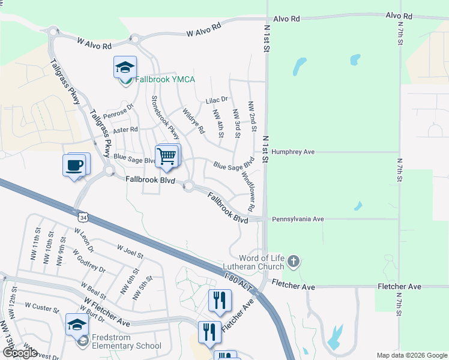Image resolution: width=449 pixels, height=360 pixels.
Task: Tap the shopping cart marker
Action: (x=167, y=155)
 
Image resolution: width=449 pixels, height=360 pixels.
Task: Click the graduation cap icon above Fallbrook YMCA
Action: (x=125, y=67)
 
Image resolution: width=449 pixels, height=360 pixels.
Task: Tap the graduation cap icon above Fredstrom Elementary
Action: (x=77, y=325)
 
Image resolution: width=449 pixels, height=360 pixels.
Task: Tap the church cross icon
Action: (x=293, y=261)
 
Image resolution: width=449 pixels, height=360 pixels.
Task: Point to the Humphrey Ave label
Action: (x=293, y=152)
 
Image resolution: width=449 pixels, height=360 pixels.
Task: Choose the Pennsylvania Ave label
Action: (x=298, y=220)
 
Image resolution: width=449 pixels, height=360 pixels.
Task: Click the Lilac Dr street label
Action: (x=217, y=100)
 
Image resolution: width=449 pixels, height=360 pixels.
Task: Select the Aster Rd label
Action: (x=125, y=130)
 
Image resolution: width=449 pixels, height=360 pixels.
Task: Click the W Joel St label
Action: (x=130, y=251)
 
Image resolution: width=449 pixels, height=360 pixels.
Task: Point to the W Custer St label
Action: (x=41, y=307)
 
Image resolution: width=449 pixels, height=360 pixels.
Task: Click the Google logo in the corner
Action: (x=20, y=353)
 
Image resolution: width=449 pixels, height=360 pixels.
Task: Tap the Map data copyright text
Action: (x=412, y=355)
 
